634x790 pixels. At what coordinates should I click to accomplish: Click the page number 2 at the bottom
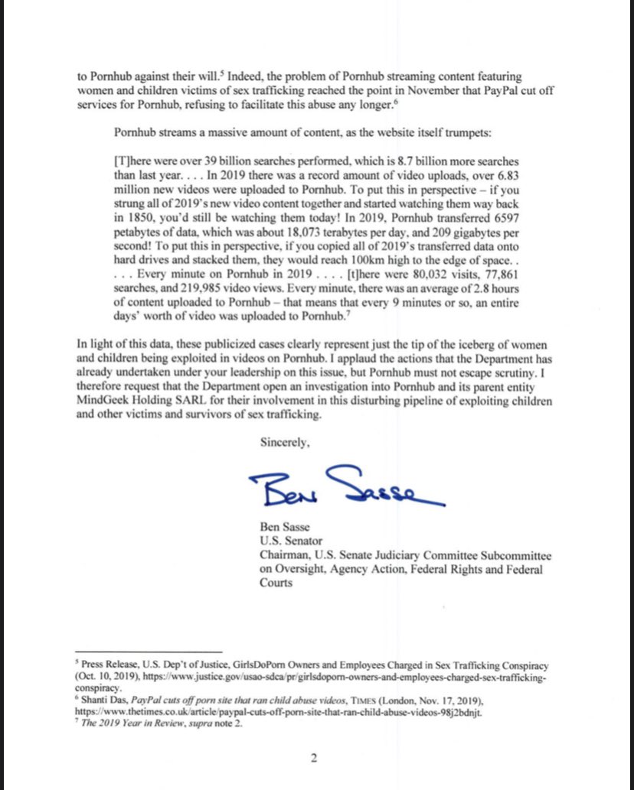point(312,759)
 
